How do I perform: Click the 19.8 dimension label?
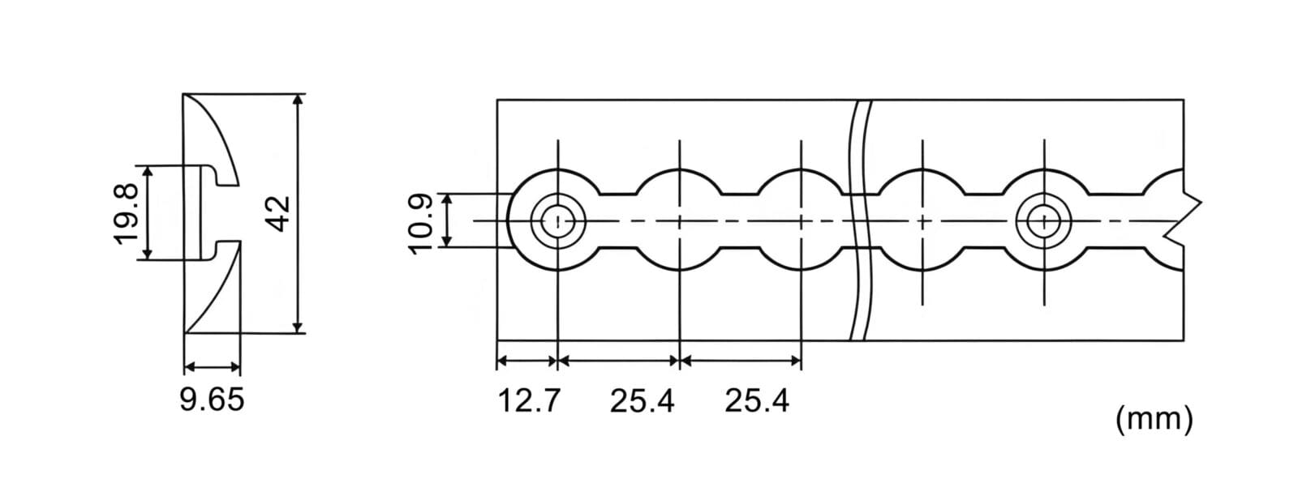click(x=127, y=214)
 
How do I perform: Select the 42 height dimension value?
click(x=280, y=214)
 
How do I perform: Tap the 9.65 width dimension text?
click(x=212, y=400)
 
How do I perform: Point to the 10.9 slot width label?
click(x=421, y=224)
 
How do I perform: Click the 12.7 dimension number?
click(x=530, y=400)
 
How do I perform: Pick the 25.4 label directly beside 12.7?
click(x=642, y=400)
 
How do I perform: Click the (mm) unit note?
click(x=1154, y=417)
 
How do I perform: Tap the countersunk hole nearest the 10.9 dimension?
click(x=558, y=221)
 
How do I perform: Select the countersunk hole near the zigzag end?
click(x=1044, y=221)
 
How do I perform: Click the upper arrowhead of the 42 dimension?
click(x=298, y=100)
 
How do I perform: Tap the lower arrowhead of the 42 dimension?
click(x=298, y=327)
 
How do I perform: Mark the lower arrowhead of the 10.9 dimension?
click(x=447, y=240)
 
